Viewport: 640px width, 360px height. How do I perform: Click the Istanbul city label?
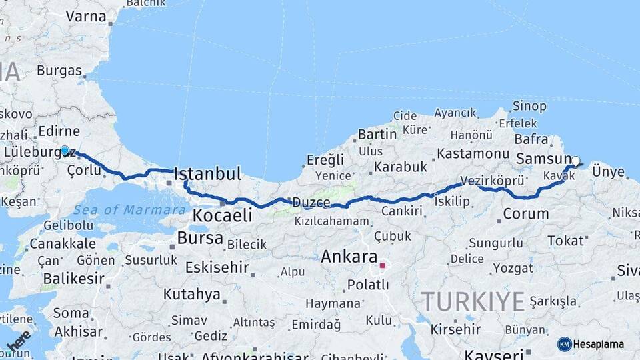point(207,175)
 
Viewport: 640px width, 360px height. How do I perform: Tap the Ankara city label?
point(349,257)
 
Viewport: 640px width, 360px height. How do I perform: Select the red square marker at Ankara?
point(382,265)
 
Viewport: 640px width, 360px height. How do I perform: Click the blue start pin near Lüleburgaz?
point(65,151)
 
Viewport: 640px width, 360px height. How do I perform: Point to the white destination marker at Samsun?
point(575,161)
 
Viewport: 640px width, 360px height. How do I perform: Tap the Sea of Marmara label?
point(129,210)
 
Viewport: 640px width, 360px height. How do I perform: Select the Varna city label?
point(81,16)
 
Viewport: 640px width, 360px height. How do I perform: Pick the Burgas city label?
point(59,70)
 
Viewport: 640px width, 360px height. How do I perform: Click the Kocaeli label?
point(222,215)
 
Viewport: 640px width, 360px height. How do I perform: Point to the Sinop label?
point(530,106)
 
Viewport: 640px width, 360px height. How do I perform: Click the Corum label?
point(525,214)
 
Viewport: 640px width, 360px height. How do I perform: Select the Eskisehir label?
point(217,268)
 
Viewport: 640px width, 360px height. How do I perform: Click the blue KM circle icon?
point(564,344)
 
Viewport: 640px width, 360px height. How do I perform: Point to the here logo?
point(19,342)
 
